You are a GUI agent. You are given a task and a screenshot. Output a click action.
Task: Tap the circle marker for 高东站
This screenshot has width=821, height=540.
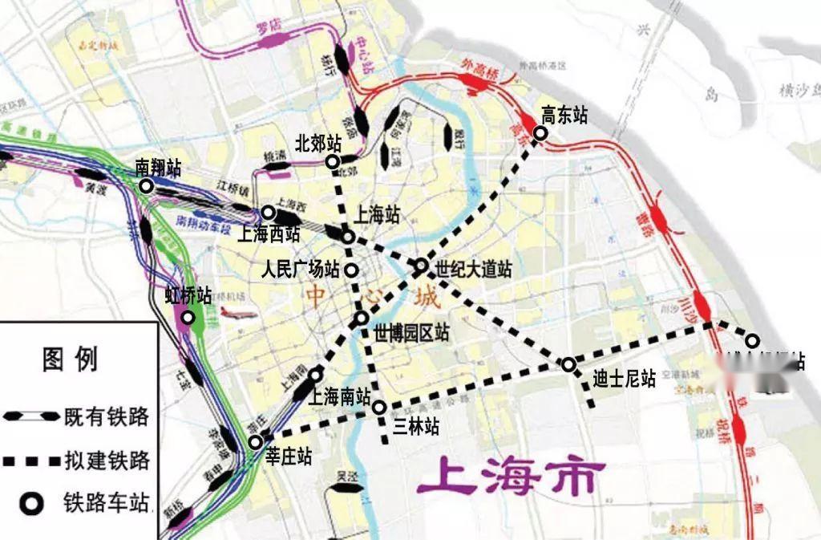click(540, 134)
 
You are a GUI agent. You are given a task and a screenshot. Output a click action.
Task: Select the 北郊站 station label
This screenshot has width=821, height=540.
click(318, 144)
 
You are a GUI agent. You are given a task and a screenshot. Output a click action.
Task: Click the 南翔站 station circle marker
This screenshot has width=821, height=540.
click(146, 186)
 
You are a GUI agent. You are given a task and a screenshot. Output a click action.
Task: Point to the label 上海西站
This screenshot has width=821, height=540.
click(269, 235)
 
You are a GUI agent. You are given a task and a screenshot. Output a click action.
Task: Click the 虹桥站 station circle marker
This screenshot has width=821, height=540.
click(188, 318)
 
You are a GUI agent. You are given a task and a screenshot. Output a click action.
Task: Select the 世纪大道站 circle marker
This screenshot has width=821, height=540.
click(422, 266)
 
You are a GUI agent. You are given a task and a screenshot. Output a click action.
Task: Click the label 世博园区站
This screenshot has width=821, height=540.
click(411, 333)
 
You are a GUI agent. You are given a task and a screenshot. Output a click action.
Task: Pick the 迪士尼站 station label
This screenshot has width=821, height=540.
click(625, 377)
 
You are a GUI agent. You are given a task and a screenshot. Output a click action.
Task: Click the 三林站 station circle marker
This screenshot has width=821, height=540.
click(379, 408)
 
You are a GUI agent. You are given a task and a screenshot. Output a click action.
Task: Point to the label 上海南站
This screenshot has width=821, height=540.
click(340, 396)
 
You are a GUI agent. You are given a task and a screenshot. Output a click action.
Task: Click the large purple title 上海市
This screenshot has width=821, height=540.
click(508, 478)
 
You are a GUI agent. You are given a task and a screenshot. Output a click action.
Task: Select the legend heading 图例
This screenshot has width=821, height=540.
click(71, 359)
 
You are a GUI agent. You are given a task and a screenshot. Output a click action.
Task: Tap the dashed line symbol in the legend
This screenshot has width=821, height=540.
click(30, 461)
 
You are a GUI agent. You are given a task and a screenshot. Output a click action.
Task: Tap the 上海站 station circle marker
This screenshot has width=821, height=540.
click(348, 237)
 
